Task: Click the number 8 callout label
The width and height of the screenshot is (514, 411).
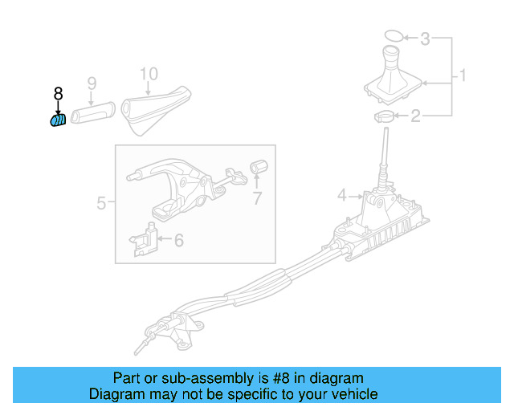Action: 58,94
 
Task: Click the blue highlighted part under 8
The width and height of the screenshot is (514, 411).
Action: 57,121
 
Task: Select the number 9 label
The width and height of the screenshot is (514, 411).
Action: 92,83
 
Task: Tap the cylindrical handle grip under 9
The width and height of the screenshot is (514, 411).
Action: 94,114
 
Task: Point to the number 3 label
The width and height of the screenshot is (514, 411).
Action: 426,38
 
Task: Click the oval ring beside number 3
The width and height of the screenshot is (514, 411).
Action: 393,36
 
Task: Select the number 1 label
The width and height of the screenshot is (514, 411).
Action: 462,77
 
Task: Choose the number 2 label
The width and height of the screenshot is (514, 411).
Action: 416,118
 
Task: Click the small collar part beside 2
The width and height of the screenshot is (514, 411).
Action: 384,118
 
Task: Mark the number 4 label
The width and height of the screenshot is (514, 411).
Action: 341,195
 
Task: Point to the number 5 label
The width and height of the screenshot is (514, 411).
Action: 101,203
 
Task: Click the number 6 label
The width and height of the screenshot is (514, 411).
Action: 178,239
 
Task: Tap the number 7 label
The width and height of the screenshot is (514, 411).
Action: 256,198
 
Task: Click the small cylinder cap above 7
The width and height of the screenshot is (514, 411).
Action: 259,167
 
